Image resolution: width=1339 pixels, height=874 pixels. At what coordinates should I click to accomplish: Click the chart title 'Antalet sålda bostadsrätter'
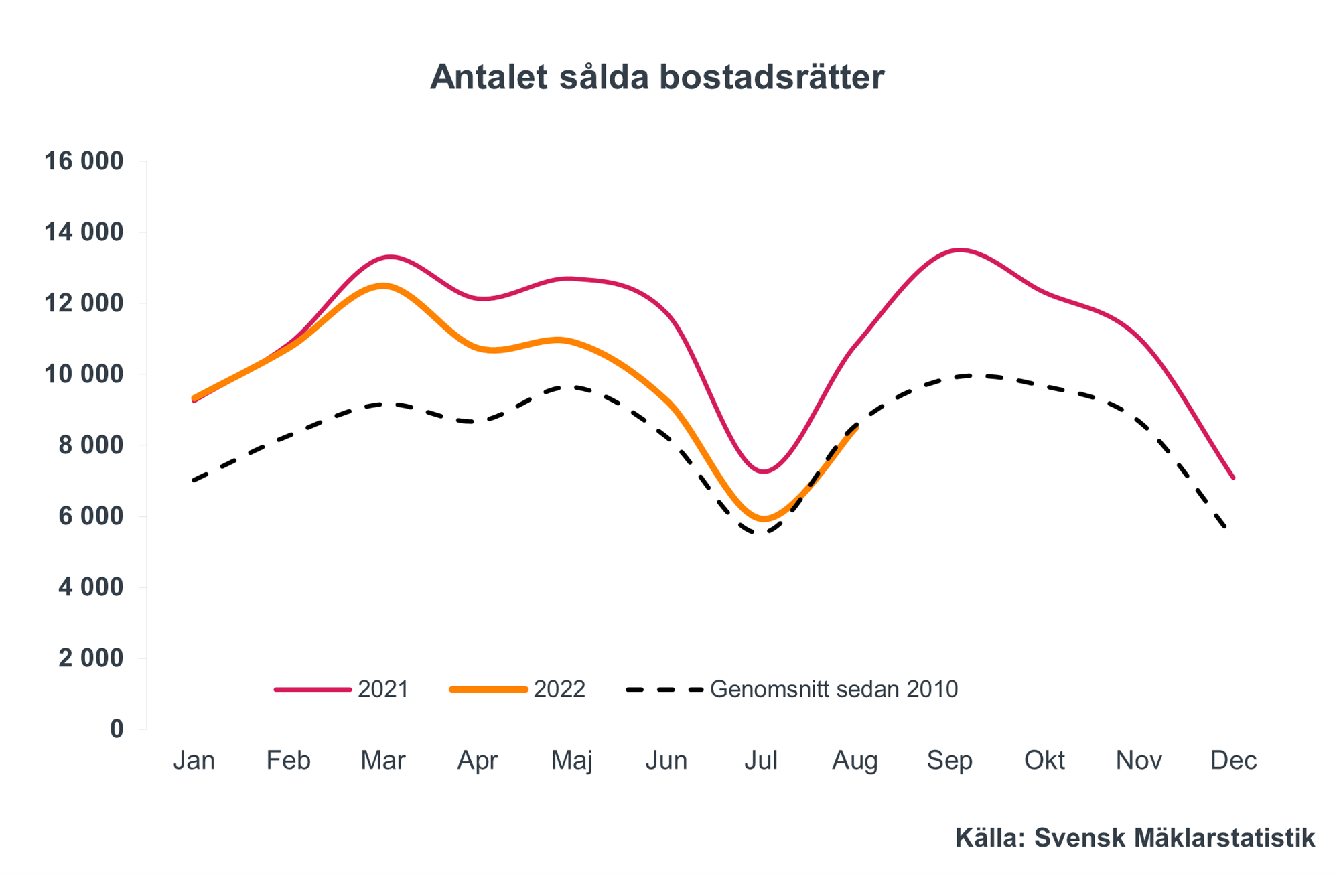click(x=656, y=77)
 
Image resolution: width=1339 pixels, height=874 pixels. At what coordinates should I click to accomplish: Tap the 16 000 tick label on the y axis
click(x=84, y=161)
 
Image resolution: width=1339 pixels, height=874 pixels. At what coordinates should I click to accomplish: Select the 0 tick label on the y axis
click(x=117, y=729)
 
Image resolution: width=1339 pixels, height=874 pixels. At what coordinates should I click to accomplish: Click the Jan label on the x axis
click(x=194, y=760)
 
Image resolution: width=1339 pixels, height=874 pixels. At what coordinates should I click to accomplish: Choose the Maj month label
click(x=571, y=760)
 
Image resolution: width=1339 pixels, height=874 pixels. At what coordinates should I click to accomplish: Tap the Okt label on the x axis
click(x=1044, y=760)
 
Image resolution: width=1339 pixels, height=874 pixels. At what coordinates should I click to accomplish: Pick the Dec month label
click(x=1233, y=760)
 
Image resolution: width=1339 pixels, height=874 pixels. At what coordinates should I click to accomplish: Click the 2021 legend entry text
click(x=383, y=689)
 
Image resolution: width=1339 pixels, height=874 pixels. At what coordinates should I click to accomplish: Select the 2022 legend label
click(x=559, y=689)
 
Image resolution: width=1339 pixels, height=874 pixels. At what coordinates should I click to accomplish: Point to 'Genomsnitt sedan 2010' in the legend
click(x=833, y=689)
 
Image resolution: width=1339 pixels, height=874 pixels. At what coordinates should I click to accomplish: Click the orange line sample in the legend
click(x=489, y=689)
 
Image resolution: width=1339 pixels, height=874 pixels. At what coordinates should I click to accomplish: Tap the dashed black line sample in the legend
click(x=664, y=689)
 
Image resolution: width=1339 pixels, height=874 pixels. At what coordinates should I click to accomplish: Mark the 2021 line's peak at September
click(x=960, y=250)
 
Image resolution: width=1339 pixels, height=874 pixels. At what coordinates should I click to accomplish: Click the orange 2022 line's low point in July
click(x=764, y=519)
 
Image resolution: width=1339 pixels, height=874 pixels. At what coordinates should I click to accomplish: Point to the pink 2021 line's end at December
click(x=1233, y=478)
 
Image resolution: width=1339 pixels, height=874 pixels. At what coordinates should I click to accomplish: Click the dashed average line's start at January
click(x=194, y=480)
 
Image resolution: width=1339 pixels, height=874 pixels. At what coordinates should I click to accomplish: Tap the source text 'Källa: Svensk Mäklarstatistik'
click(x=1135, y=838)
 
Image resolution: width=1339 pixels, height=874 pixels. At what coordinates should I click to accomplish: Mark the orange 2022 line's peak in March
click(x=383, y=286)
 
